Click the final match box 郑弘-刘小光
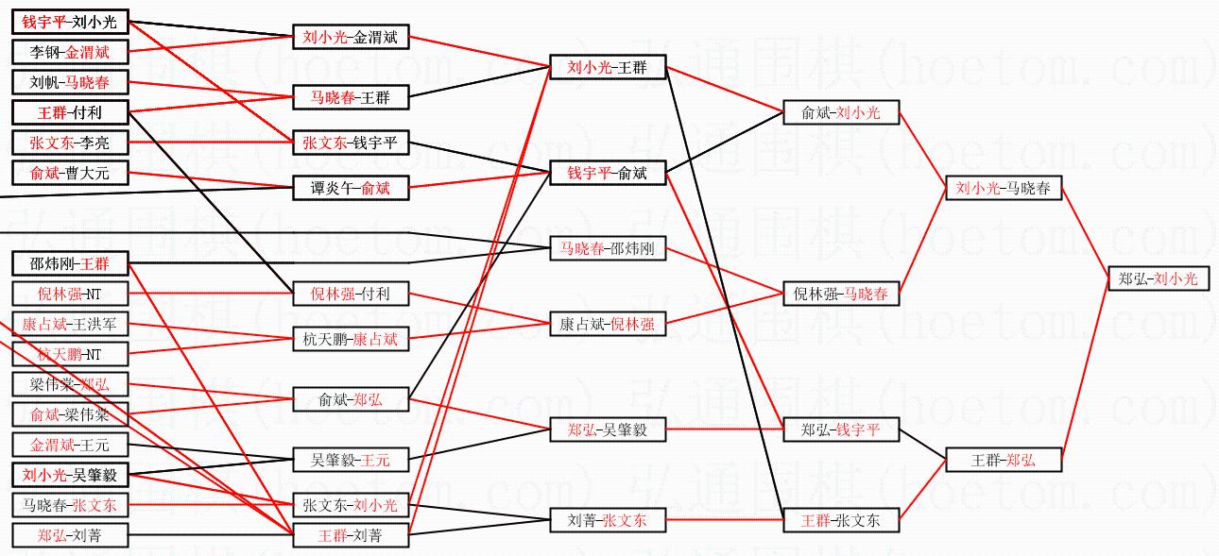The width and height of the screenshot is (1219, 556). click(1158, 278)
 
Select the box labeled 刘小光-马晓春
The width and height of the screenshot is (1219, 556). click(1003, 189)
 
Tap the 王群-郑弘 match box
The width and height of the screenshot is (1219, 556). click(1003, 461)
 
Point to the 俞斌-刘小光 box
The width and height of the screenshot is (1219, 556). click(840, 112)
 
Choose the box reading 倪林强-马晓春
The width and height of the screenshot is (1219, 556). click(840, 295)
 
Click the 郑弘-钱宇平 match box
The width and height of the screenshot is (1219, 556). click(840, 430)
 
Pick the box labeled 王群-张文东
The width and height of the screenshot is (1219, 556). click(840, 520)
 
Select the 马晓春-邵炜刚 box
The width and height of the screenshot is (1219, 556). click(608, 250)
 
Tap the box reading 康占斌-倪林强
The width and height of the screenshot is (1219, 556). click(608, 324)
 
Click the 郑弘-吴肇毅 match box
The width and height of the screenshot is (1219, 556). click(608, 430)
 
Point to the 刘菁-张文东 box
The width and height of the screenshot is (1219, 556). click(608, 520)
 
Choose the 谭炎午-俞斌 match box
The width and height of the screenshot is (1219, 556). click(351, 189)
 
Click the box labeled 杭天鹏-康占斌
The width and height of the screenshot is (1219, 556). click(351, 339)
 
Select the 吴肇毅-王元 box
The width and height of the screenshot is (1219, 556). click(351, 461)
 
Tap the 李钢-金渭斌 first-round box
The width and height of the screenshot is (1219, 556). click(70, 53)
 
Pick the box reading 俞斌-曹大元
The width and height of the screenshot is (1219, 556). click(70, 173)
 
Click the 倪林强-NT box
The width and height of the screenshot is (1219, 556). click(70, 294)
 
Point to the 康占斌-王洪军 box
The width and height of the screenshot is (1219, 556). click(70, 325)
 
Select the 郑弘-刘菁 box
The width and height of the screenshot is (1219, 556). click(70, 536)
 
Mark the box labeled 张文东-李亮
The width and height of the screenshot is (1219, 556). click(70, 143)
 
